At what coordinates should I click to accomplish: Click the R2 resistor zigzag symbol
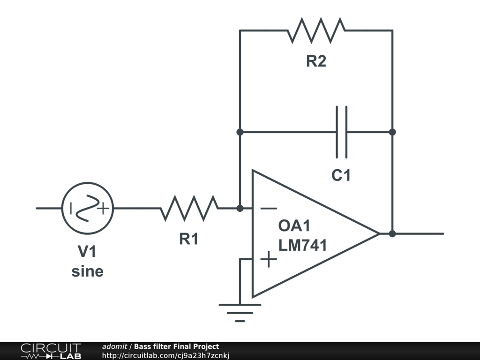[x=316, y=30]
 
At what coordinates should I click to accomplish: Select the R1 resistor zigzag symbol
[x=189, y=208]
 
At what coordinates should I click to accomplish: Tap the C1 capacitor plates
[x=342, y=132]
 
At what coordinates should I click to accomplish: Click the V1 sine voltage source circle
[x=88, y=208]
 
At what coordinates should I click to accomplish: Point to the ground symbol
[x=240, y=313]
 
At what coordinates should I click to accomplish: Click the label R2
[x=316, y=61]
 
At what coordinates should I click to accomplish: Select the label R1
[x=189, y=239]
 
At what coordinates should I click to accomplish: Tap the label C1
[x=341, y=175]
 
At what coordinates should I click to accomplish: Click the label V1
[x=87, y=251]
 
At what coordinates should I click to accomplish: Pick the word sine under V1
[x=88, y=271]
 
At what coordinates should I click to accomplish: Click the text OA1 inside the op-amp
[x=294, y=226]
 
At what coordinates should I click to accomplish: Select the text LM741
[x=302, y=245]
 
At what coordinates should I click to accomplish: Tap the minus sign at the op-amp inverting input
[x=269, y=209]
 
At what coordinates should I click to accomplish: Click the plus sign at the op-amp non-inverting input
[x=269, y=259]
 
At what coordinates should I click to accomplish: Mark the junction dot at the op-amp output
[x=392, y=233]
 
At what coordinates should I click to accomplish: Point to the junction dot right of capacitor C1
[x=392, y=132]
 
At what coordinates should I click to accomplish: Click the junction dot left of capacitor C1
[x=240, y=132]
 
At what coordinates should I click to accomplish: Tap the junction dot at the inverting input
[x=240, y=208]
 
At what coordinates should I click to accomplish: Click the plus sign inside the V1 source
[x=104, y=209]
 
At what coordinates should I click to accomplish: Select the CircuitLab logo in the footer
[x=51, y=351]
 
